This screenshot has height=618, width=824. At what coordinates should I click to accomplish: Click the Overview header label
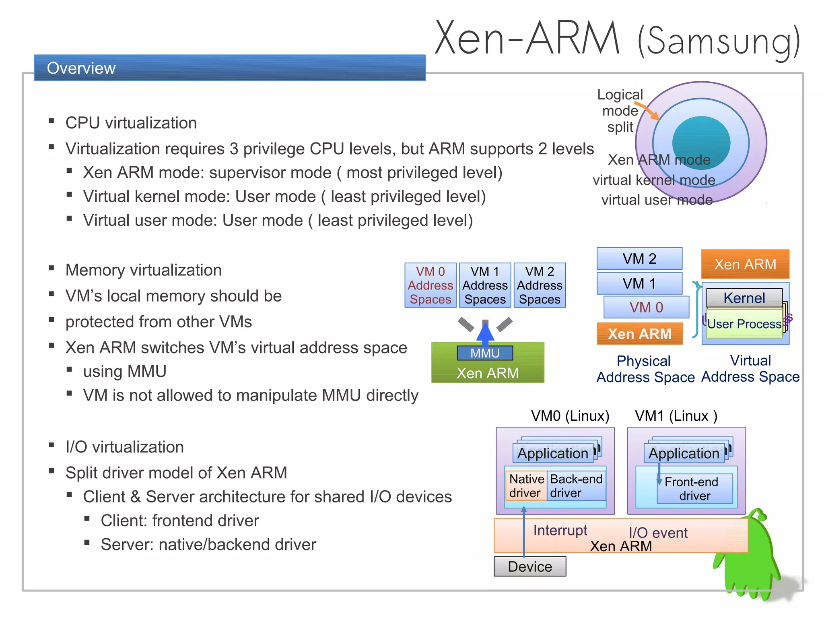coord(81,68)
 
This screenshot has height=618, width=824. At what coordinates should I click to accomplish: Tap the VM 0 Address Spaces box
coord(430,285)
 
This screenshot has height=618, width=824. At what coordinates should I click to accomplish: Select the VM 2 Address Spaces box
coord(540,285)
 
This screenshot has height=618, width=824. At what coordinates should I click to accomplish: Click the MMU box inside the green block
coord(485,353)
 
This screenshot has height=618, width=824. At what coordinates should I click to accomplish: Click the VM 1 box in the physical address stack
coord(639,283)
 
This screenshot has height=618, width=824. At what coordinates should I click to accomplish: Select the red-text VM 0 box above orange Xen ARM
coord(646,307)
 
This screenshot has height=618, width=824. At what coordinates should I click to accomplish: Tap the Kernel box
coord(744,298)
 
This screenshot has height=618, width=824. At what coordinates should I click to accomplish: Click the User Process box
coord(744,324)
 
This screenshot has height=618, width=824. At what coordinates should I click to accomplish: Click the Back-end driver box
coord(576,486)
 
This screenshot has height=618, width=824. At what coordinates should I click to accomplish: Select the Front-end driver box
coord(694,489)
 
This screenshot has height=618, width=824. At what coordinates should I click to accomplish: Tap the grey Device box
coord(529,566)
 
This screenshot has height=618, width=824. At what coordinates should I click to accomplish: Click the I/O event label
coord(658,533)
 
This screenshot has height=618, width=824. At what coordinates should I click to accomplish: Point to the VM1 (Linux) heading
coord(676,416)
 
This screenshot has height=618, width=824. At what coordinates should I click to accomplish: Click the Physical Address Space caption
coord(645,369)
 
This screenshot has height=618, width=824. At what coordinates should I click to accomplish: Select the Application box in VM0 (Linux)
coord(553,453)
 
